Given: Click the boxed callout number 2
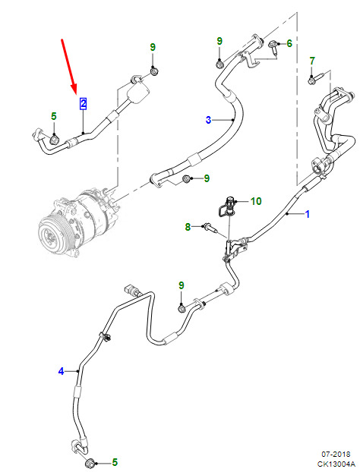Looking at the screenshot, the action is tap(83, 103).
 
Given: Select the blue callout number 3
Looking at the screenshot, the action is tap(208, 120).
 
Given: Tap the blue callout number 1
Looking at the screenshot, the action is tap(308, 214).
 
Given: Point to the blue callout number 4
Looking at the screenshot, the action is tap(62, 371).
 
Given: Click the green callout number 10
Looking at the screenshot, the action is tap(256, 201).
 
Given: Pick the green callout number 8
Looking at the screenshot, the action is tap(188, 227).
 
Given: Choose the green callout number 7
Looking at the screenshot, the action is tap(312, 61).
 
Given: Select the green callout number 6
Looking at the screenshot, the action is tap(289, 43).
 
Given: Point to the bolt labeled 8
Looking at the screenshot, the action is tap(210, 228).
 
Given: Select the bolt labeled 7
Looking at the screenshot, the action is tap(315, 78).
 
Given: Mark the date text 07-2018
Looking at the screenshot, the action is tap(336, 454).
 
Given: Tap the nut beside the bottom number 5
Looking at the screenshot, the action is tap(90, 462).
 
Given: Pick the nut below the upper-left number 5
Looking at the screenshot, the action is tap(54, 140).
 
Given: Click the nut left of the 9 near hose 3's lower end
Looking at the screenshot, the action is tap(187, 179).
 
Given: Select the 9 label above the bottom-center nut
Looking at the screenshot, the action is tap(181, 285).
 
